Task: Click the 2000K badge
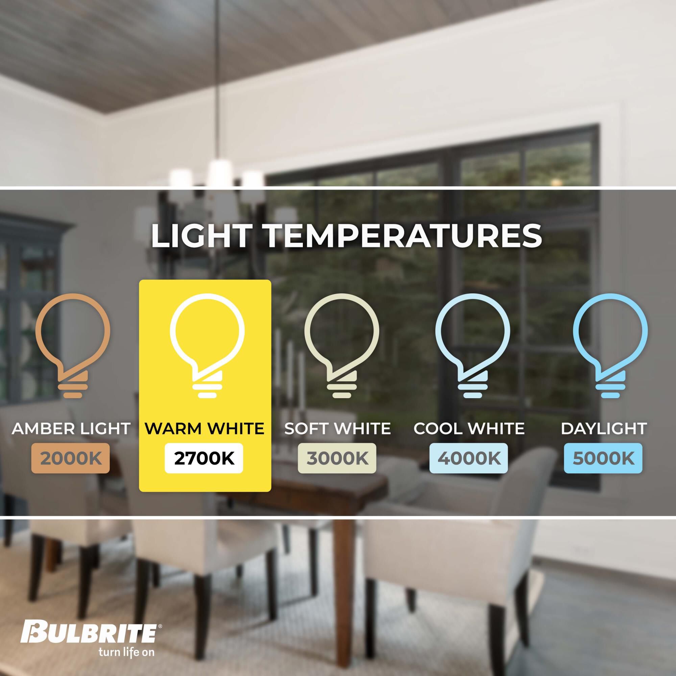pyautogui.click(x=71, y=458)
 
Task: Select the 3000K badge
pyautogui.click(x=337, y=458)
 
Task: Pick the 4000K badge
pyautogui.click(x=468, y=458)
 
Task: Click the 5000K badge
pyautogui.click(x=603, y=458)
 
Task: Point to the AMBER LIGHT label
pyautogui.click(x=71, y=429)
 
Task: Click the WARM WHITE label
pyautogui.click(x=205, y=429)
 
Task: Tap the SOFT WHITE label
pyautogui.click(x=337, y=429)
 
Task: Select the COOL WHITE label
pyautogui.click(x=469, y=429)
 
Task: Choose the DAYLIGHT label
pyautogui.click(x=604, y=429)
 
